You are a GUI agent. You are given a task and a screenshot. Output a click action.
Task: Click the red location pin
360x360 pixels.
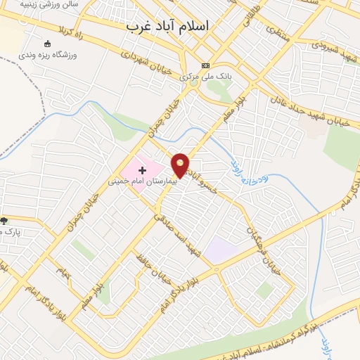[181, 165]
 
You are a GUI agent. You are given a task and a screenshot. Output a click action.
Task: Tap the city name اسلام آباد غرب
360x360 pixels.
[167, 26]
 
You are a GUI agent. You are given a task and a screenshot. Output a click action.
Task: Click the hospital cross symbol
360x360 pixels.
[143, 169]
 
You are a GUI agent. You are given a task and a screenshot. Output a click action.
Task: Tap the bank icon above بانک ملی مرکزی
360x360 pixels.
[205, 65]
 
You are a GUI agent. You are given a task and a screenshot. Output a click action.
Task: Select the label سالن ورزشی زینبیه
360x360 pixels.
[49, 4]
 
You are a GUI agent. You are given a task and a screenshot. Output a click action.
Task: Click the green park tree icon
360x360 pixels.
[4, 221]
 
